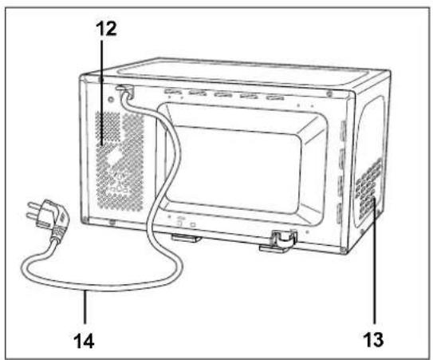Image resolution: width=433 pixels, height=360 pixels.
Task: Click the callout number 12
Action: click(106, 29)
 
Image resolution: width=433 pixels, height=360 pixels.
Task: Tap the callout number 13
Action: click(373, 339)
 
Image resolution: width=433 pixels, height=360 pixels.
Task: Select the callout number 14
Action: click(84, 341)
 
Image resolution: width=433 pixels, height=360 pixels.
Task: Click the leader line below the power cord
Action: click(85, 307)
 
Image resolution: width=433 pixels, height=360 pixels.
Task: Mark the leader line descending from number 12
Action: click(102, 93)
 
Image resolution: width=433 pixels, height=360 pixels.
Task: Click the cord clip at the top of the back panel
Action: click(125, 90)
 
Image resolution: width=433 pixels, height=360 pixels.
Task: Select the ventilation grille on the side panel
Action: click(369, 188)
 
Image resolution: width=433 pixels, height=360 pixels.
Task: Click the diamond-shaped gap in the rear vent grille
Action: click(115, 156)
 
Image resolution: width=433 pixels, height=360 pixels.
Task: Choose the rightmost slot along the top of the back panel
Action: click(275, 97)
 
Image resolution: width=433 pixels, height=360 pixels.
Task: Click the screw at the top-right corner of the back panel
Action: click(329, 94)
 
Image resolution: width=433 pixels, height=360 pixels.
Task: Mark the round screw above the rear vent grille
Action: click(111, 99)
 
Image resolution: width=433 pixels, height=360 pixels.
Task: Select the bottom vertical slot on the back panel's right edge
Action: click(339, 213)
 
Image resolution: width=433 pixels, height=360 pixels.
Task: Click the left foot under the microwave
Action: click(186, 238)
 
